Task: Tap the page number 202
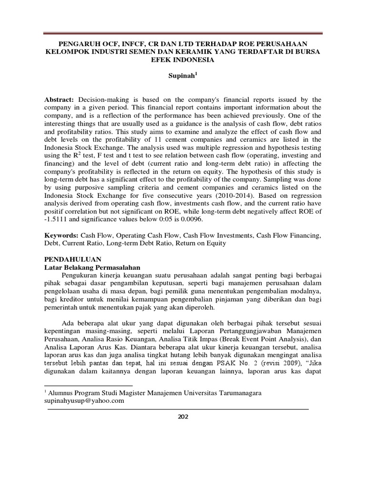183,417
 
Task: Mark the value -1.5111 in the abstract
57,220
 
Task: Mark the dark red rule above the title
183,33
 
